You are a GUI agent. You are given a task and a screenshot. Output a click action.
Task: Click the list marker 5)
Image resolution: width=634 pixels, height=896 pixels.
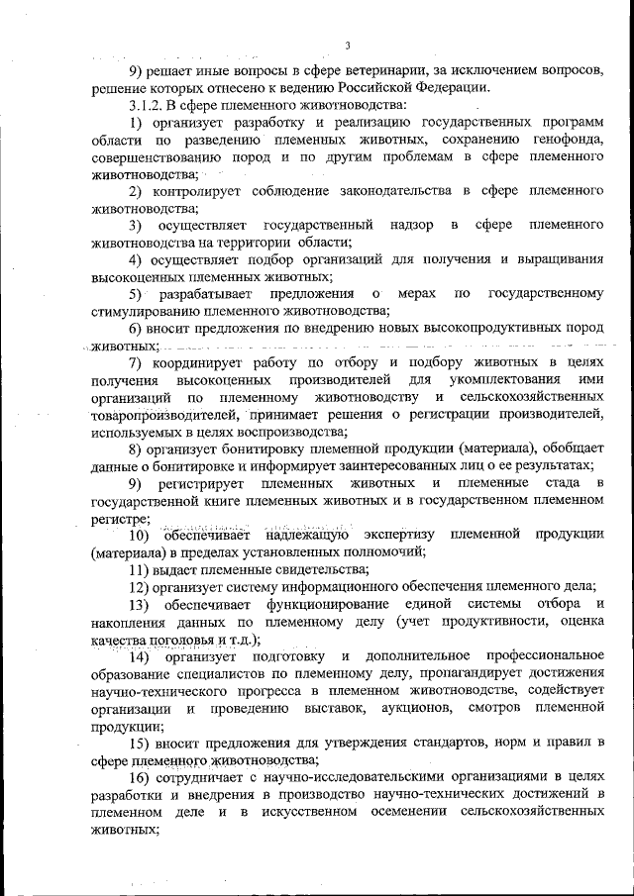138,294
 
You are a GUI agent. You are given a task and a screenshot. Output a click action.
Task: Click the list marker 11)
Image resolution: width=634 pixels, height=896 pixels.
142,568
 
